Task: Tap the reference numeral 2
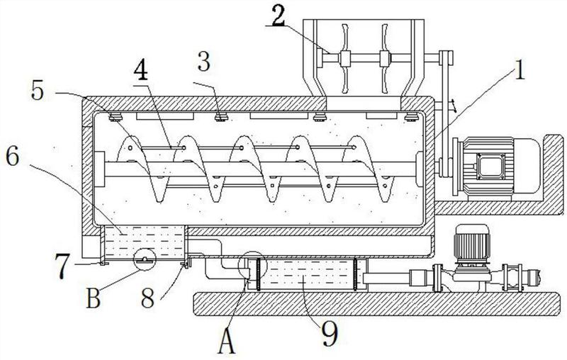(x=278, y=17)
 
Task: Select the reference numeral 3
(x=204, y=62)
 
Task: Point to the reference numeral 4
(x=140, y=70)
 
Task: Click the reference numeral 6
(x=12, y=157)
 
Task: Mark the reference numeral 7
(x=62, y=266)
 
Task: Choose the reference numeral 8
(x=147, y=298)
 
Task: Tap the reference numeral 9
(x=330, y=334)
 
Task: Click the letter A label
(x=227, y=342)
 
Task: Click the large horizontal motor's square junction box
(x=491, y=166)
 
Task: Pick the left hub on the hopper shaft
(x=345, y=58)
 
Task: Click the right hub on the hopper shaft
(x=384, y=58)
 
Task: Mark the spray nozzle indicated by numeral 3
(x=220, y=117)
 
